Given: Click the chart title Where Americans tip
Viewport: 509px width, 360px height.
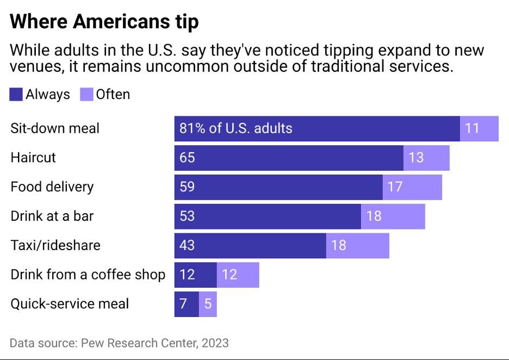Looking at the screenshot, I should [x=104, y=22].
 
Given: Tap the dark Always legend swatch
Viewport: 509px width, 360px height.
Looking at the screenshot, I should [x=16, y=95].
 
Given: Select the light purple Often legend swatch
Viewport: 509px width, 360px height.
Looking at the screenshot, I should [x=86, y=95].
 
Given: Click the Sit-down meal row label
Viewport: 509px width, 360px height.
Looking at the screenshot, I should [x=55, y=128].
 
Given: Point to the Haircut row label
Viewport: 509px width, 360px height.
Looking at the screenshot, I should [x=33, y=158].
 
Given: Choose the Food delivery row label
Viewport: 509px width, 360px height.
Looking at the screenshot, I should [x=52, y=187].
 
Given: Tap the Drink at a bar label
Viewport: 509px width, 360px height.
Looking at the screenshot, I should [x=52, y=216].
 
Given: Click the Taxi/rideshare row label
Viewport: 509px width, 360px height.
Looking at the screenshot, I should [x=55, y=245].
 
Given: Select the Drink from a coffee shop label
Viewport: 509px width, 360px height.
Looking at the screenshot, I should [x=88, y=274].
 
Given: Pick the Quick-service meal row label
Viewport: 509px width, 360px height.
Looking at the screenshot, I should [x=70, y=303].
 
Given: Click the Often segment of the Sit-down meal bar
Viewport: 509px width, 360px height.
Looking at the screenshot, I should [x=479, y=128].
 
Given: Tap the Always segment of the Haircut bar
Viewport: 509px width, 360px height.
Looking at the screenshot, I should [x=288, y=158].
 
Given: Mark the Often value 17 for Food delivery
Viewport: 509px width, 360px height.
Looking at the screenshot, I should [x=395, y=187].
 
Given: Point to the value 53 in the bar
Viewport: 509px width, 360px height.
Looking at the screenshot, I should [x=187, y=216].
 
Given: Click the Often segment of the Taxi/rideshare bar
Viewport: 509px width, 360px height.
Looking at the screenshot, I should [x=357, y=245].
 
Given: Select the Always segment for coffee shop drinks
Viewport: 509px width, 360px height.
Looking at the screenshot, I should [x=195, y=274].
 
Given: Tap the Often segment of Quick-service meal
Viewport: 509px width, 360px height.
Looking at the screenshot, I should [x=208, y=303].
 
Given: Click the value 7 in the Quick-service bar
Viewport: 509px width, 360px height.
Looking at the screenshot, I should [x=183, y=303].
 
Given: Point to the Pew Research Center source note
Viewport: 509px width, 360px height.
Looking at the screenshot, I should [x=119, y=343].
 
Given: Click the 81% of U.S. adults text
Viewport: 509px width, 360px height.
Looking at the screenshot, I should [x=236, y=128].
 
